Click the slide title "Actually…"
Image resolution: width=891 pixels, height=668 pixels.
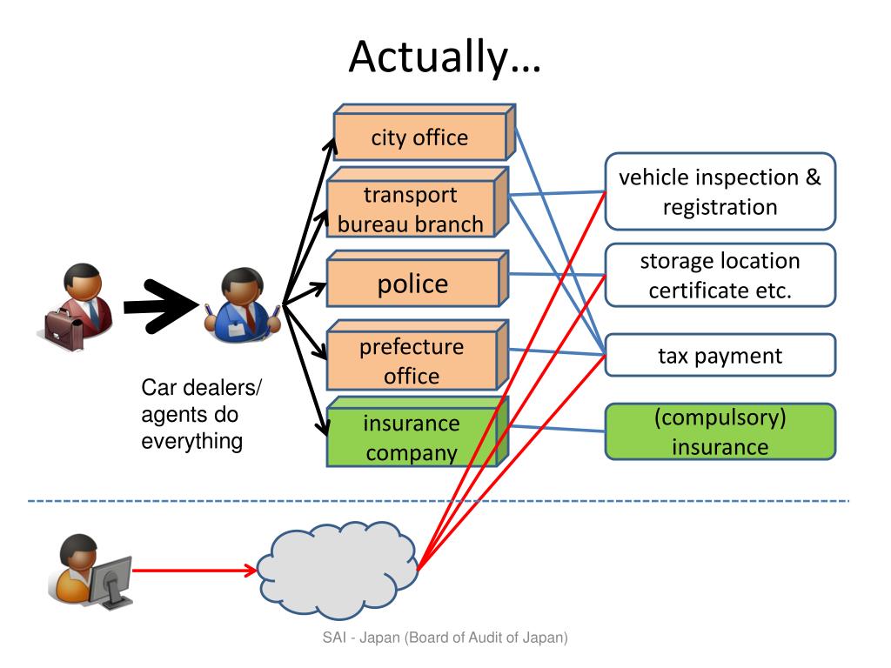[x=445, y=57]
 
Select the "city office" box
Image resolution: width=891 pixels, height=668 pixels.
[x=419, y=137]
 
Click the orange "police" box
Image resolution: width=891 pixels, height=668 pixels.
[x=412, y=284]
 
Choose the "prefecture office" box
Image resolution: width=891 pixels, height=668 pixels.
[x=412, y=361]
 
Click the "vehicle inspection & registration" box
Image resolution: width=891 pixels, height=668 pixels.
[x=720, y=192]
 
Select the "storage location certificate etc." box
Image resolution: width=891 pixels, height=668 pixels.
[x=720, y=275]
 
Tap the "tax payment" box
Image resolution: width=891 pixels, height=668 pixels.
[x=720, y=355]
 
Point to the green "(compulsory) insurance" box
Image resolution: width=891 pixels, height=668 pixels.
[x=720, y=431]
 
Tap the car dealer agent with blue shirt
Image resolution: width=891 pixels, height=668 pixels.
[x=242, y=303]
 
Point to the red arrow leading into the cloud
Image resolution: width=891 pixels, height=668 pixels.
[x=196, y=571]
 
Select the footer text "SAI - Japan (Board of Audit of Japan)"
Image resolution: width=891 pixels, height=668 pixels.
[x=444, y=638]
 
